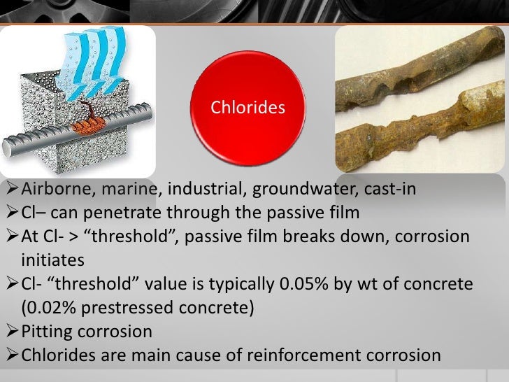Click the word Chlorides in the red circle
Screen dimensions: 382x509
point(248,108)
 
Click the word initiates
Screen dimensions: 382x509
point(53,260)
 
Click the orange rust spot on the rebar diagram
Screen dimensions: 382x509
point(87,126)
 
